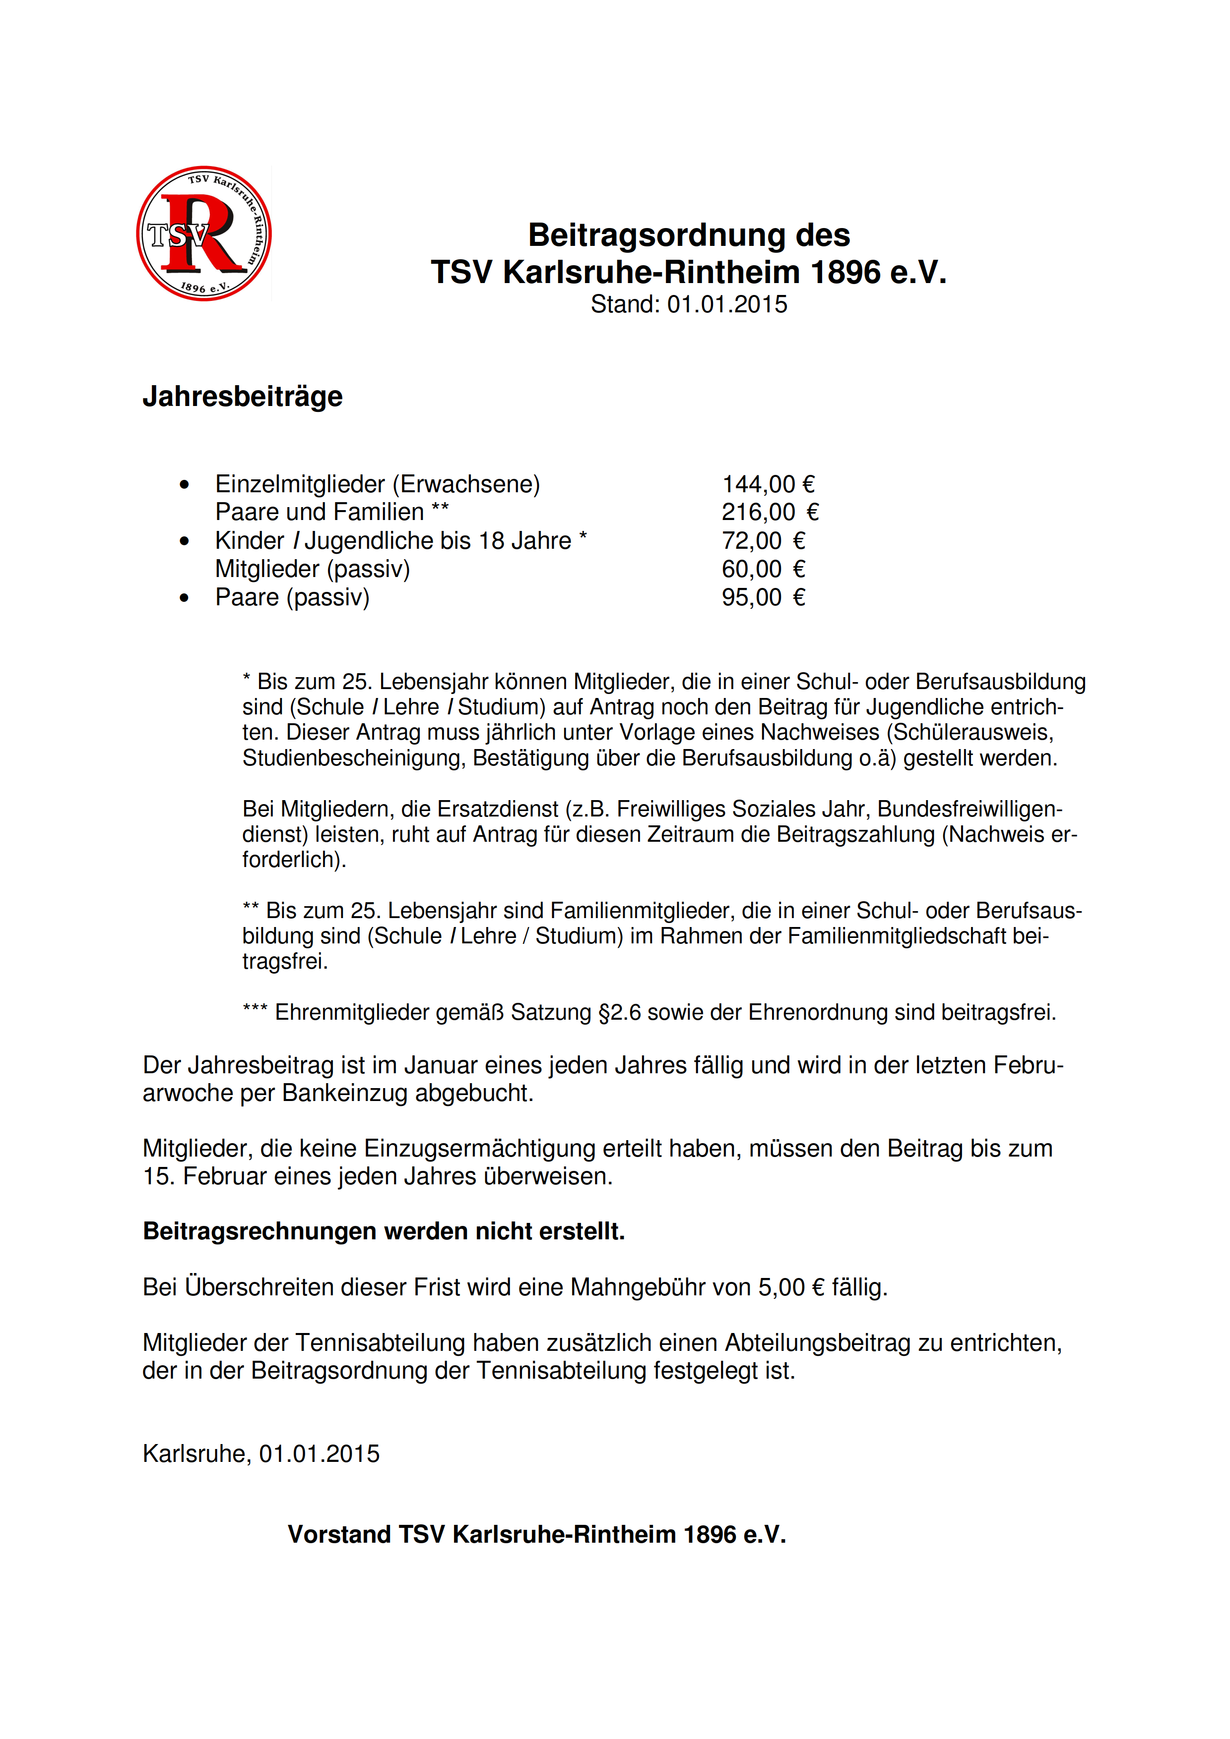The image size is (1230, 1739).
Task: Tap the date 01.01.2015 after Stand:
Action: click(x=727, y=304)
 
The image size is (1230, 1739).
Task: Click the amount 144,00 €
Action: click(x=768, y=484)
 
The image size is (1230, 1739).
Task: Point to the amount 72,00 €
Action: click(x=763, y=541)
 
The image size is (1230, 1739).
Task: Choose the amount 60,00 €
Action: click(x=763, y=569)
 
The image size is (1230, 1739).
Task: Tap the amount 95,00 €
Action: click(x=763, y=597)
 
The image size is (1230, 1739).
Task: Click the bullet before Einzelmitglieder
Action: click(x=184, y=485)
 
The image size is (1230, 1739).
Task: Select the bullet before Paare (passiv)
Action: click(x=184, y=598)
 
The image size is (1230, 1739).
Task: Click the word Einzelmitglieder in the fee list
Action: click(x=300, y=484)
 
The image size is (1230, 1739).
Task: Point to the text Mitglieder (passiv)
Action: click(x=312, y=569)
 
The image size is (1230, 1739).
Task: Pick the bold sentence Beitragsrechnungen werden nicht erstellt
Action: click(x=384, y=1231)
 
